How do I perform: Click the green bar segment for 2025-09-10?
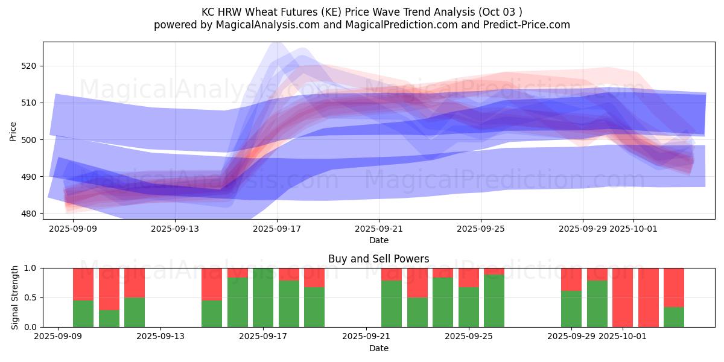coord(83,313)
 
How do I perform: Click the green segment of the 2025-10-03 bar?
coord(674,317)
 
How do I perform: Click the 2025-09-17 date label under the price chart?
coord(277,229)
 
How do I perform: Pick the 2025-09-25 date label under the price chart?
coord(481,229)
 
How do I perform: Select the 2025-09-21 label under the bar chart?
coord(367,336)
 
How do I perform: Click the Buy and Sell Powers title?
coord(378,259)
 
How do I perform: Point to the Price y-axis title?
coord(13,131)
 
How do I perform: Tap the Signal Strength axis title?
coord(14,297)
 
